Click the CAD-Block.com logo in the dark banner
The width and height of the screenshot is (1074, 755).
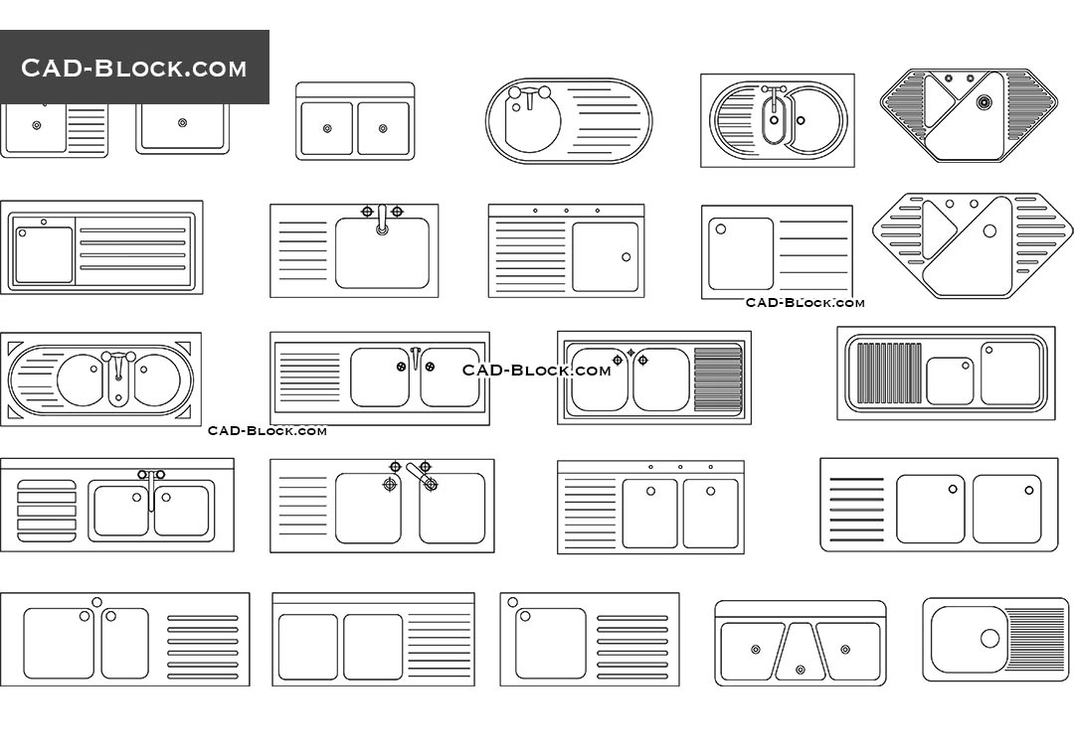[134, 68]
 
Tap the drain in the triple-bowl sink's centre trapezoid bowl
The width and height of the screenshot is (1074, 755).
[801, 672]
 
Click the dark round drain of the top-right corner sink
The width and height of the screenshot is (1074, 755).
[984, 101]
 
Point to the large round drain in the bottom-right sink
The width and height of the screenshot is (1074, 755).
[989, 638]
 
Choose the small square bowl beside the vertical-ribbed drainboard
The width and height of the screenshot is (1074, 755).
[950, 380]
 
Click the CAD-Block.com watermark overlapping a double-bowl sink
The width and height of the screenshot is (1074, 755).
[537, 370]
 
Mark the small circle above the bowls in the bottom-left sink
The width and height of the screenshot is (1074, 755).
[96, 602]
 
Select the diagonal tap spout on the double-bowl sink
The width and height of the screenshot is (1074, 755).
[419, 476]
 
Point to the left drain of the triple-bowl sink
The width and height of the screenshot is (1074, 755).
[756, 650]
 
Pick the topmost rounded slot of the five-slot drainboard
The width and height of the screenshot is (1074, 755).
[46, 485]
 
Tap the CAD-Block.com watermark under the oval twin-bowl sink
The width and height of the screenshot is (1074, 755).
[267, 430]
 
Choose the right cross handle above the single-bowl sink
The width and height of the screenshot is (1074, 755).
[397, 211]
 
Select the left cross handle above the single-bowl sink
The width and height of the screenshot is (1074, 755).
[367, 211]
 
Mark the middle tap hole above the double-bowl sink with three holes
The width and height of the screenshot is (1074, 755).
[680, 467]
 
